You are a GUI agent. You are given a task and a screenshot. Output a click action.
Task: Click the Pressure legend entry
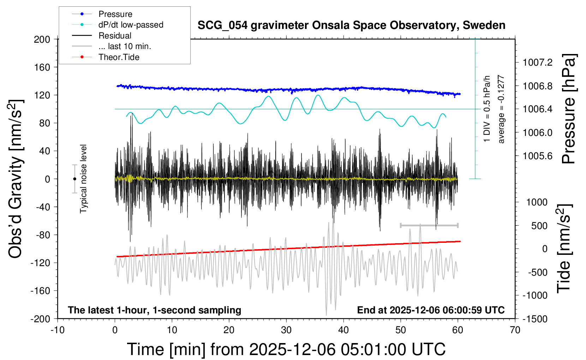tap(115, 14)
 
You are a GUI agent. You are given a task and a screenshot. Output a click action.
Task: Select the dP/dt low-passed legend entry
tap(131, 25)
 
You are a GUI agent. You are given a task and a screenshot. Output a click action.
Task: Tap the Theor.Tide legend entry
tap(119, 57)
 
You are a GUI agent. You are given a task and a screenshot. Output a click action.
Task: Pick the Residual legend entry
tap(115, 36)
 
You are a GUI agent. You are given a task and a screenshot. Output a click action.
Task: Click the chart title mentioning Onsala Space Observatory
tap(351, 25)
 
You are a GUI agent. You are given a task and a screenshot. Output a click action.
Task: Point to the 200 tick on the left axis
tap(42, 39)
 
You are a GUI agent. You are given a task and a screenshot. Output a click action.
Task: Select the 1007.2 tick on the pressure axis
tap(538, 63)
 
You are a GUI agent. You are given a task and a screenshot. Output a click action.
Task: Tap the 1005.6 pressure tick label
tap(538, 156)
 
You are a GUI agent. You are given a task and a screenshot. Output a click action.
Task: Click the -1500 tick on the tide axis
tap(535, 319)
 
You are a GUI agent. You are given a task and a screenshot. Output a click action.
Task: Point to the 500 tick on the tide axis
tap(539, 226)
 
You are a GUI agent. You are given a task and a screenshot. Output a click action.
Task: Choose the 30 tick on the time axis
tap(286, 330)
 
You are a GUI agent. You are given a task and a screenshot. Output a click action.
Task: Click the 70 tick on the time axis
tap(515, 330)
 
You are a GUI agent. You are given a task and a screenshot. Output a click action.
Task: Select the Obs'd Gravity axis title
tap(16, 179)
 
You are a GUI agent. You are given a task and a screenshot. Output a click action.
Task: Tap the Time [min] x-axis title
tap(286, 349)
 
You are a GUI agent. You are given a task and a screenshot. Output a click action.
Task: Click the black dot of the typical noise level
tap(74, 179)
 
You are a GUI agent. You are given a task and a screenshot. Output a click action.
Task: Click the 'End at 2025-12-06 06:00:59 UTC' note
tap(431, 310)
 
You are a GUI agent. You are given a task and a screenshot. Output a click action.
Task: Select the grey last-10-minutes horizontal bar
tap(429, 225)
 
